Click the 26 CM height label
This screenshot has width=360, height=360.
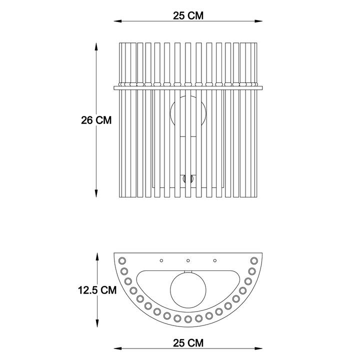[x=96, y=120]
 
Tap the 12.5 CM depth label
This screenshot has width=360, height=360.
[x=97, y=290]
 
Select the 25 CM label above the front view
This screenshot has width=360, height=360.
[x=188, y=15]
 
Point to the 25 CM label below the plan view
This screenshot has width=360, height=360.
[x=188, y=343]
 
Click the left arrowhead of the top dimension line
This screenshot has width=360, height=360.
[x=117, y=21]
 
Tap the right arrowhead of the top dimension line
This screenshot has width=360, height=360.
[x=258, y=21]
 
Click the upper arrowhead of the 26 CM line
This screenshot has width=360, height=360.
[x=96, y=46]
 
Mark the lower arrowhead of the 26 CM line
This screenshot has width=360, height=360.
[x=96, y=193]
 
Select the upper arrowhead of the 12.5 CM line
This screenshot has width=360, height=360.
[x=97, y=256]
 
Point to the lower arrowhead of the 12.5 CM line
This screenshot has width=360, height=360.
[x=97, y=323]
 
